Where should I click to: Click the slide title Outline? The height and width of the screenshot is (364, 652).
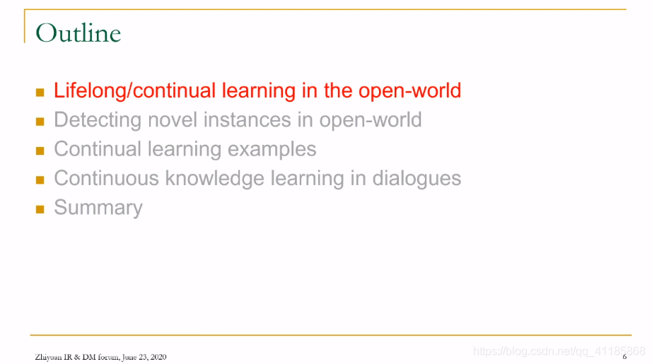coord(78,33)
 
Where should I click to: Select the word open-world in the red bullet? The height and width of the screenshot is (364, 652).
coord(409,91)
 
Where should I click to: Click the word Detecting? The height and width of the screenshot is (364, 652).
coord(98,120)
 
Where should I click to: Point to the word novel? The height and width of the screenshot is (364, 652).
coord(172,119)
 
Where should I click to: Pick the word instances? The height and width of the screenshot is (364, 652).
coord(247,119)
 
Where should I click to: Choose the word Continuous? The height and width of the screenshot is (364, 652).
coord(107,178)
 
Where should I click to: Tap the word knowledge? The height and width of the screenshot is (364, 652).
coord(214,179)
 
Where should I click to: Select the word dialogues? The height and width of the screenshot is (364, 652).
coord(417,179)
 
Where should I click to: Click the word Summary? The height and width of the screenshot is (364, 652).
coord(98,208)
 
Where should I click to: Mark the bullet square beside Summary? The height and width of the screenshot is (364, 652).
coord(40,209)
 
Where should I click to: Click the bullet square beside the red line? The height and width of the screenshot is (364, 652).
coord(40,93)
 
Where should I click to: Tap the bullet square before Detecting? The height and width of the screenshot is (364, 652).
coord(40,122)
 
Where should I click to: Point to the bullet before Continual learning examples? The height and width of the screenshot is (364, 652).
coord(40,151)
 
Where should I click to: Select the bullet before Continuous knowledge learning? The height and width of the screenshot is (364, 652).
coord(40,180)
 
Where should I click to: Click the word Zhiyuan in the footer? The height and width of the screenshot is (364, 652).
coord(48,357)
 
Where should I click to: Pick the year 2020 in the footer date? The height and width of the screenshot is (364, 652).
coord(158,357)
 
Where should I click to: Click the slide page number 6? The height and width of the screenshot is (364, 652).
coord(624,357)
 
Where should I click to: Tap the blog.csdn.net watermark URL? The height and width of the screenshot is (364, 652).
coord(559,351)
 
